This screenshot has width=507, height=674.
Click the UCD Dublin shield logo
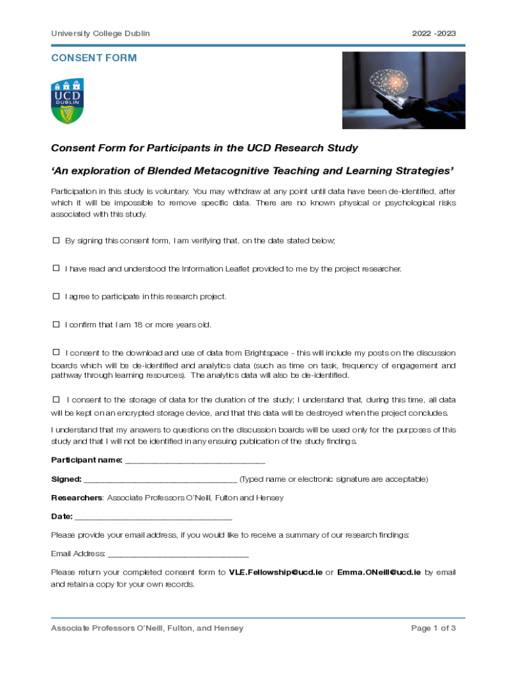(68, 101)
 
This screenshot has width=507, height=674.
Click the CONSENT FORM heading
(94, 58)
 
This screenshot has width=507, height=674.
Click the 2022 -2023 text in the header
(434, 34)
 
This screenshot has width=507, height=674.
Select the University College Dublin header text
(100, 34)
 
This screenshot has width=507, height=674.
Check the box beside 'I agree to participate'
(56, 296)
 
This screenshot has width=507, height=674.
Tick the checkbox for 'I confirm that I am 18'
(56, 324)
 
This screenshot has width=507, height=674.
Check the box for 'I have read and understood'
(56, 269)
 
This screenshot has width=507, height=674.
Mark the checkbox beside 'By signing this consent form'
(56, 240)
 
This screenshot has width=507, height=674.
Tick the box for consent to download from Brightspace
(56, 352)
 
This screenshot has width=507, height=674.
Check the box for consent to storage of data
(56, 399)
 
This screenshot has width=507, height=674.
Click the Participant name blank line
(195, 461)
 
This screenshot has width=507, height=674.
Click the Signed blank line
(160, 479)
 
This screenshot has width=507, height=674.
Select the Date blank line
(153, 517)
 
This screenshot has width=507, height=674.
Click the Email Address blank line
(178, 554)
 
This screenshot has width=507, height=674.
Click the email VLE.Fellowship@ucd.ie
(275, 573)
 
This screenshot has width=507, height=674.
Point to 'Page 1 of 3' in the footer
(433, 629)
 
